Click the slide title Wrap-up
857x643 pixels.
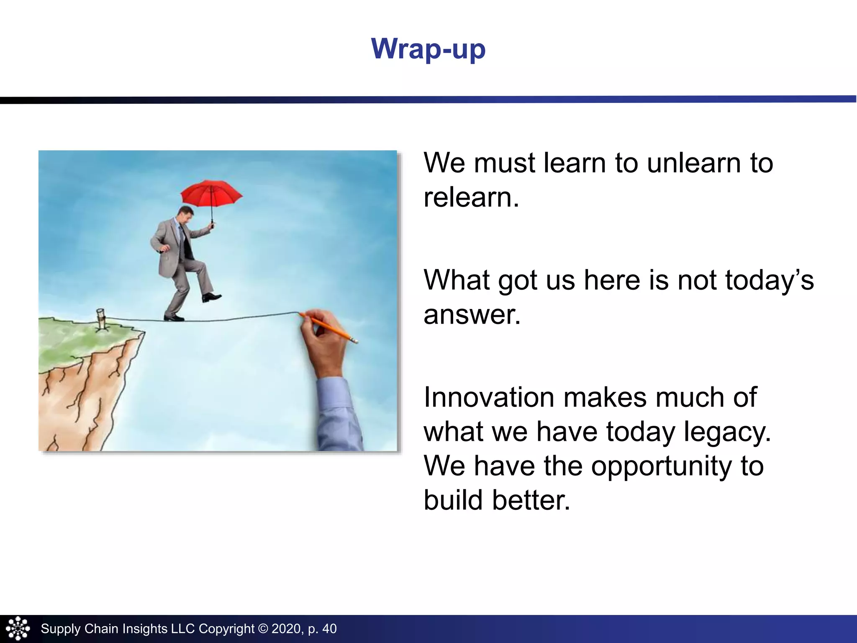428,49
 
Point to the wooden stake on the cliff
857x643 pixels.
101,319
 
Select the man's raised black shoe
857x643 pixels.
211,297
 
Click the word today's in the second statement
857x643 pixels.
769,280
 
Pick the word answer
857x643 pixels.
471,315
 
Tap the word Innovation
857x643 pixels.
489,397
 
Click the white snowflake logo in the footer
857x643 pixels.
18,628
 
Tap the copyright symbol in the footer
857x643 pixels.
263,629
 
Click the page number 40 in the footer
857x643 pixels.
329,629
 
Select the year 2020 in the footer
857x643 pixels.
287,629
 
